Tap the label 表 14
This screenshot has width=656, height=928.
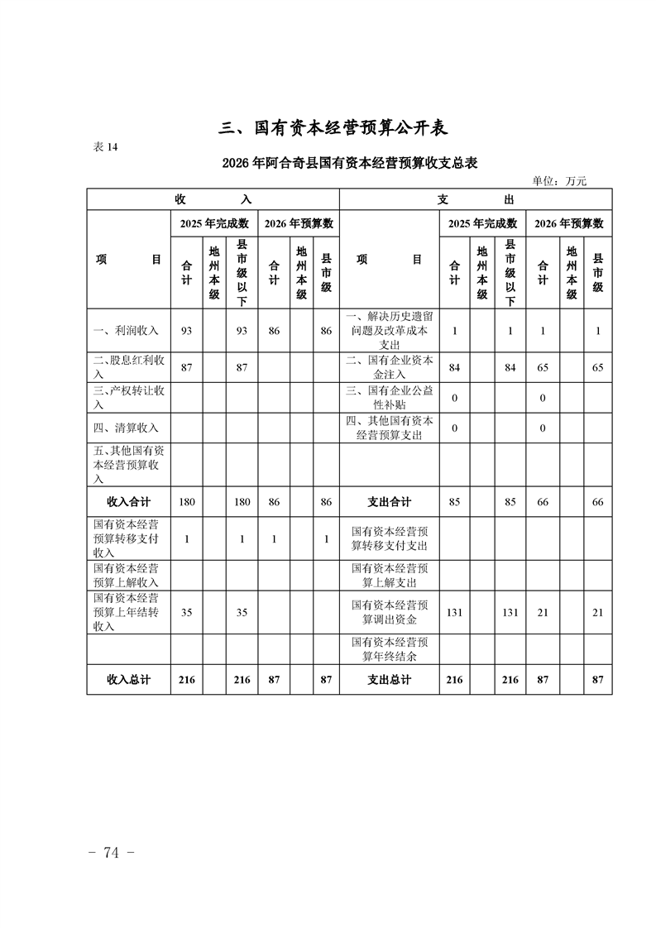107,147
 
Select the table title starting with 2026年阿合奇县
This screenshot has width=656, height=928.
350,164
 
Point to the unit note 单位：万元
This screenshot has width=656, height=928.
558,181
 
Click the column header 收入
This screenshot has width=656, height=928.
213,199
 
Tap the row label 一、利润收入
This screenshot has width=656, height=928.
129,331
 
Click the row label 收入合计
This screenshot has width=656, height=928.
128,501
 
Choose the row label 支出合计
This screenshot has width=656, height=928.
389,501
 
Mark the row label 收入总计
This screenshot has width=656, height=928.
128,679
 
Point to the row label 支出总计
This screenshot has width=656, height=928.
389,679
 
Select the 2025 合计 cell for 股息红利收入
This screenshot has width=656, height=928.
186,367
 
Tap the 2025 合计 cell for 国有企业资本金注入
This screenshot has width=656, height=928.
453,367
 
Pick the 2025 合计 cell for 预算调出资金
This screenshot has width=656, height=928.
453,612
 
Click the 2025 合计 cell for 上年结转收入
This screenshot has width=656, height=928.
186,612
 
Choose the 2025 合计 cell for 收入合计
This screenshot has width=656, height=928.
186,501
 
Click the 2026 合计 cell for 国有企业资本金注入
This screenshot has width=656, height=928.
543,367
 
